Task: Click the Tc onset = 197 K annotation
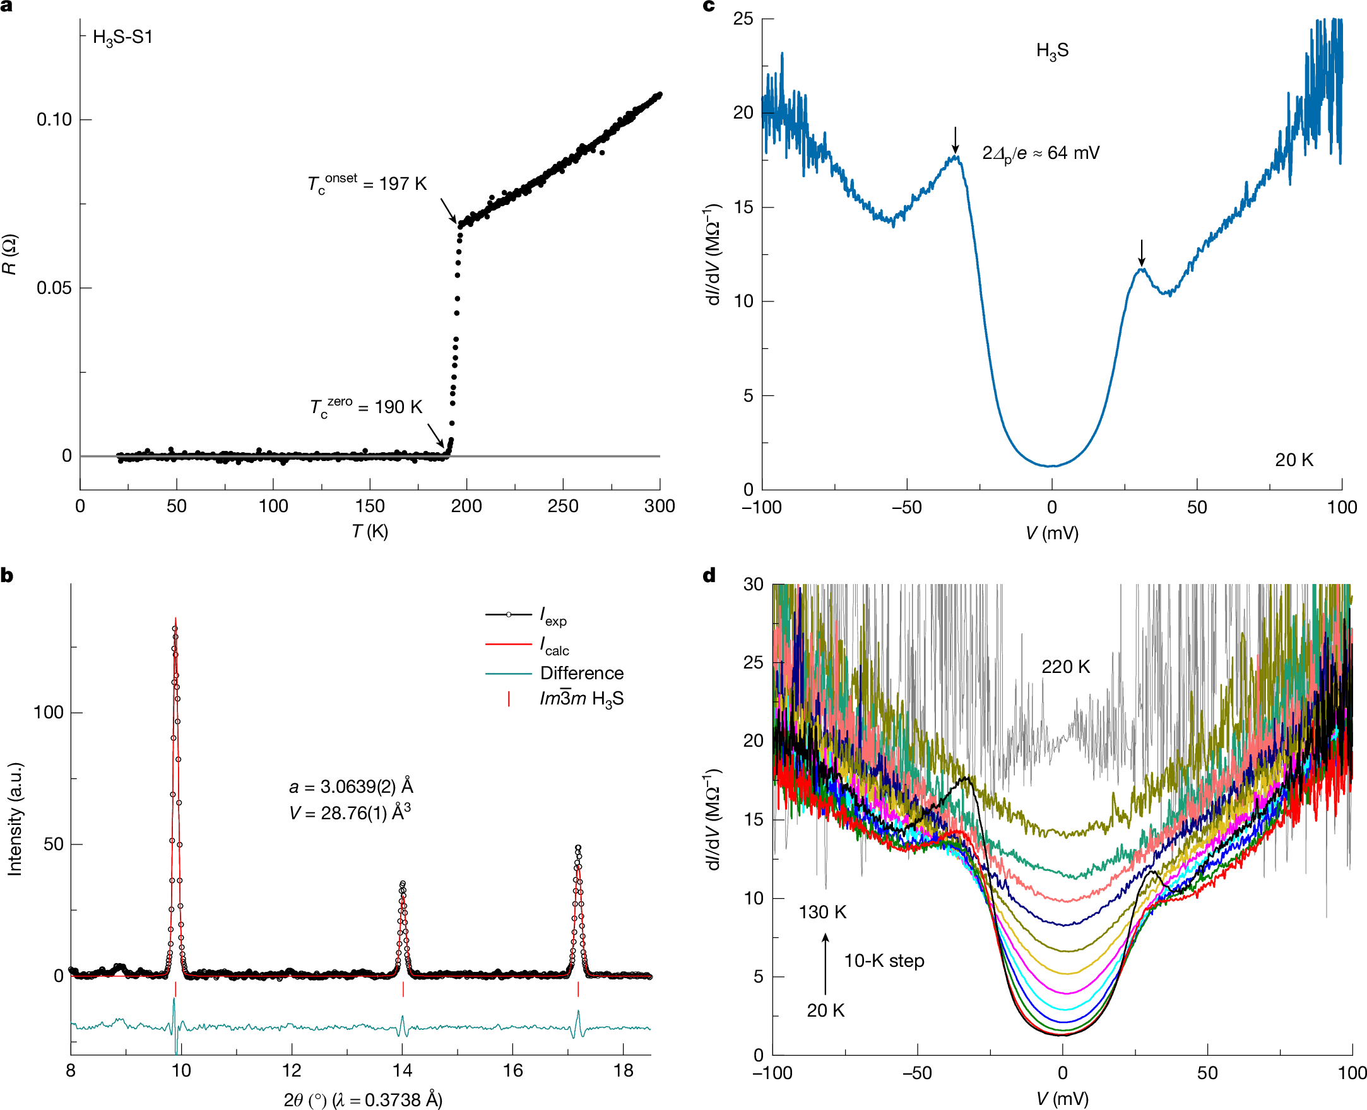tap(367, 184)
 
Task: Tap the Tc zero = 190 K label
tap(366, 407)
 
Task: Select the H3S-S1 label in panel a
tap(123, 37)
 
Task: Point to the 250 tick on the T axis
tap(563, 506)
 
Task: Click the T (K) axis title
tap(370, 531)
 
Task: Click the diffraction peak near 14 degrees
tap(403, 886)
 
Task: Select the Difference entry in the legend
tap(581, 674)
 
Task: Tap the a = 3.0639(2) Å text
tap(350, 786)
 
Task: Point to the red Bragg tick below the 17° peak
tap(578, 989)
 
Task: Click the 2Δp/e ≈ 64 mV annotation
tap(1041, 153)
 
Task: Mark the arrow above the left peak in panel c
tap(955, 139)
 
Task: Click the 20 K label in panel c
tap(1293, 460)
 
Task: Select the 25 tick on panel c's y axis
tap(743, 19)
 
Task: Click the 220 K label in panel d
tap(1065, 667)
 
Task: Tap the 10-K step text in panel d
tap(884, 961)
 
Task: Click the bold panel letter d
tap(709, 575)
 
